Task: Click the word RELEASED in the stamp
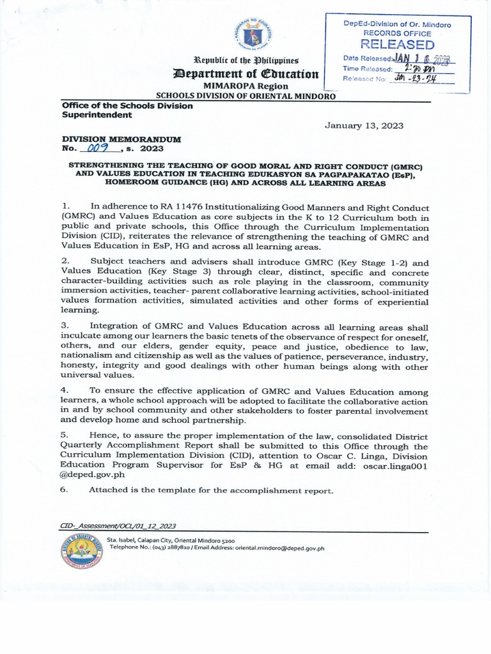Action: (x=398, y=44)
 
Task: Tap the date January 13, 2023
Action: (x=364, y=126)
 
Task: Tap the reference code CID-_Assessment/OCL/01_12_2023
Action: (x=118, y=526)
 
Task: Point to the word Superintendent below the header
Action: (x=97, y=115)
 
